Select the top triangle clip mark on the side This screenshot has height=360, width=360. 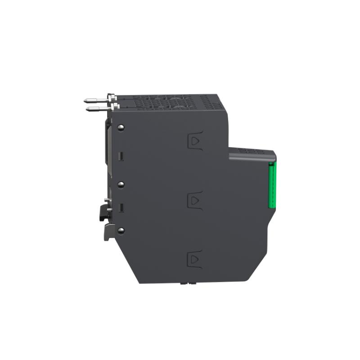point(195,141)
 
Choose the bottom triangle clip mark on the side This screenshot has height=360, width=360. point(195,259)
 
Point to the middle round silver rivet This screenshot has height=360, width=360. point(120,184)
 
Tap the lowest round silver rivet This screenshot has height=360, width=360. point(120,230)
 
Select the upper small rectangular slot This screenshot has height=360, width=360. point(120,156)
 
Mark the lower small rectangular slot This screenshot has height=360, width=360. point(120,208)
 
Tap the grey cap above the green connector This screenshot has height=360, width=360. point(252,154)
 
